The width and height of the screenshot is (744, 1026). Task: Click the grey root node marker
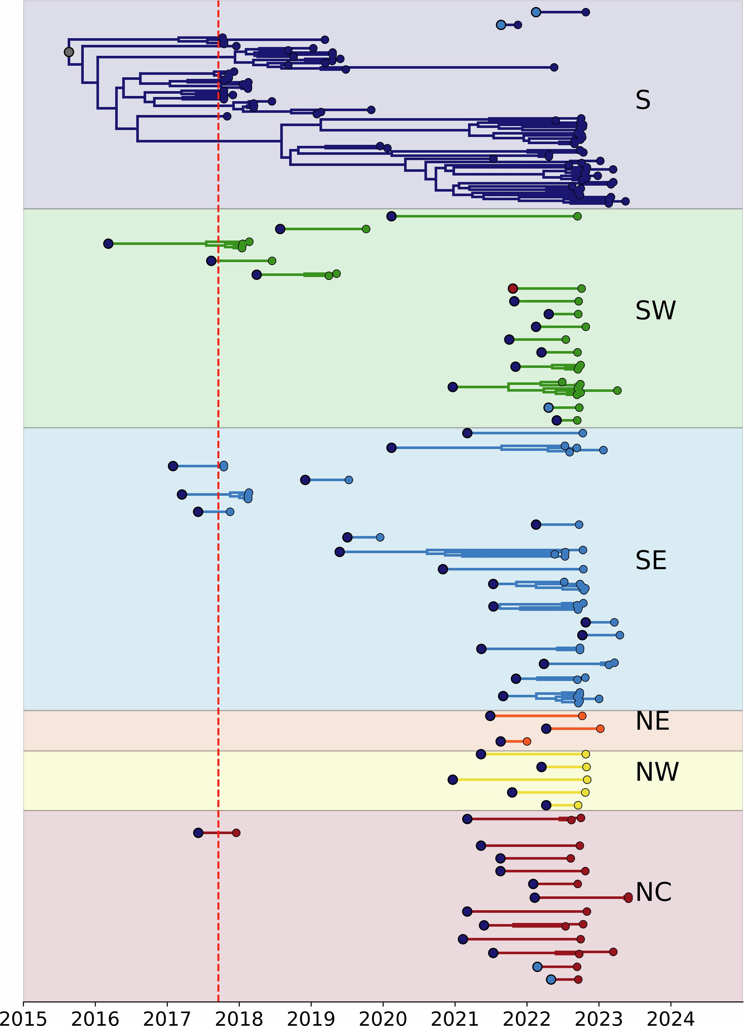point(69,52)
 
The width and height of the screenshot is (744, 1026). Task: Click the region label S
point(643,100)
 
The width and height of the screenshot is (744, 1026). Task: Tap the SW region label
point(655,311)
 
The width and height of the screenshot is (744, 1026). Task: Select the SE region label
point(651,561)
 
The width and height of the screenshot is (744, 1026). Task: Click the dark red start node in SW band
point(513,289)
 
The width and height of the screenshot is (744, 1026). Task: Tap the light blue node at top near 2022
point(536,12)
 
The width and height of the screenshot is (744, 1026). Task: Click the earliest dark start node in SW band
point(108,244)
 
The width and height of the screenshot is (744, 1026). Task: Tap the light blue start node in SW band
point(548,407)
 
